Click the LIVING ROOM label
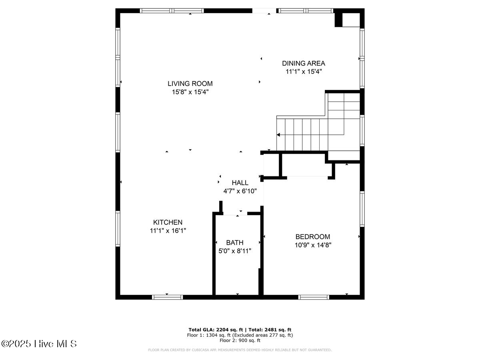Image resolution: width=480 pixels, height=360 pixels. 190,84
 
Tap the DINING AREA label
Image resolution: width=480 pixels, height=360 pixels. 303,63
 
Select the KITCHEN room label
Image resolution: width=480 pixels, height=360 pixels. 168,222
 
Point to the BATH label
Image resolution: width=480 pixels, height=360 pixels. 234,242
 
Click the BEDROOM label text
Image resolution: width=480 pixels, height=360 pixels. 312,236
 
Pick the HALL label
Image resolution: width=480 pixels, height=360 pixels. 240,183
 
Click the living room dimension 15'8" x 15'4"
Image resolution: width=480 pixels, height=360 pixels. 190,92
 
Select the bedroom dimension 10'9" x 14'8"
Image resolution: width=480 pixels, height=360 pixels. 312,245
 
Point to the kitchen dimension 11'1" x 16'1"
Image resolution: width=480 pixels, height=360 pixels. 168,231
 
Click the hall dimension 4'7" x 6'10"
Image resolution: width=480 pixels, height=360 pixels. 240,191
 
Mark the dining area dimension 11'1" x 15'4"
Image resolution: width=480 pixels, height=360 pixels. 303,72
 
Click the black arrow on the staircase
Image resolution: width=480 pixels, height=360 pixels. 278,135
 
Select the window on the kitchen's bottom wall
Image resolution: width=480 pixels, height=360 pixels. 167,297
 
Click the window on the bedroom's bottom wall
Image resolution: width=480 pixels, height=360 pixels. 314,297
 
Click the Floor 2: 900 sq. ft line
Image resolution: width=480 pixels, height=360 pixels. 240,340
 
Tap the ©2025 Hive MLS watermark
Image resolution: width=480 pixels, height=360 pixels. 39,344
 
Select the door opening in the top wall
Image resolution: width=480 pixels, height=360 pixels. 263,11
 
